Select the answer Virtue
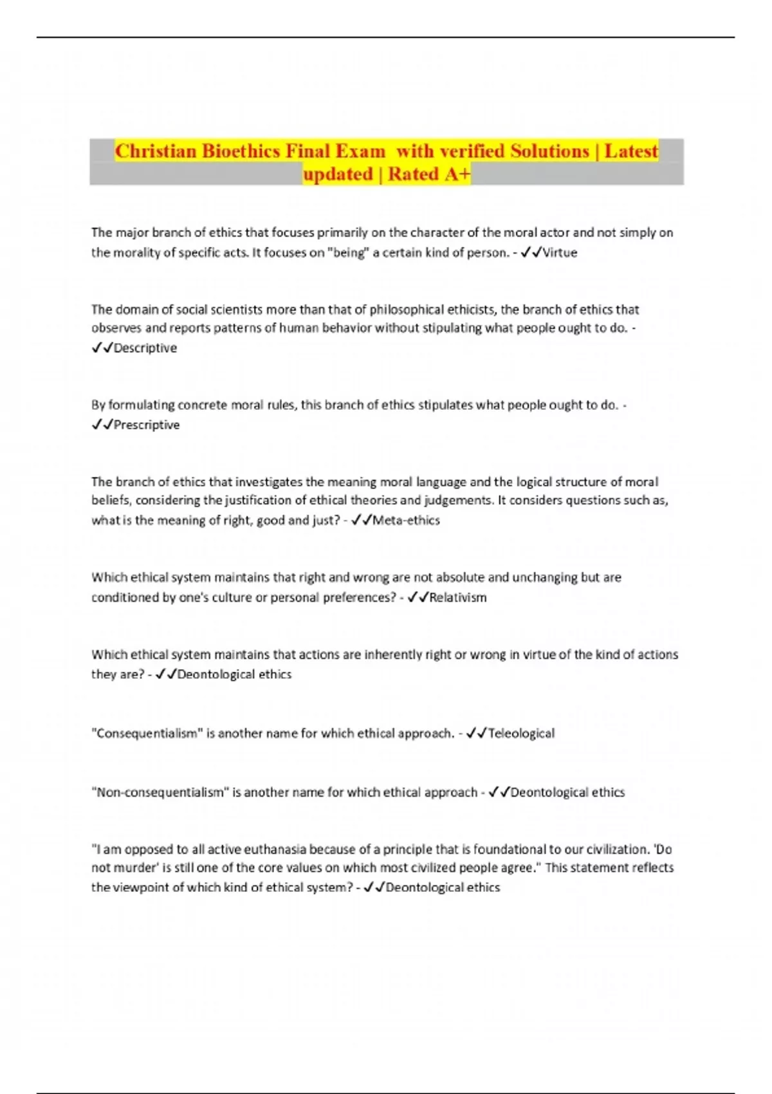pos(560,253)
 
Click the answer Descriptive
pos(145,348)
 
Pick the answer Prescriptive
pos(146,425)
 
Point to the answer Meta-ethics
pos(406,521)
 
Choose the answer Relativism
pos(457,598)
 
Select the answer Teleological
pos(521,734)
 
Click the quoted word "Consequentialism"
pos(147,734)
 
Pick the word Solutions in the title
pos(549,151)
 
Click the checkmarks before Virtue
pos(531,253)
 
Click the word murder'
pos(136,868)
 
